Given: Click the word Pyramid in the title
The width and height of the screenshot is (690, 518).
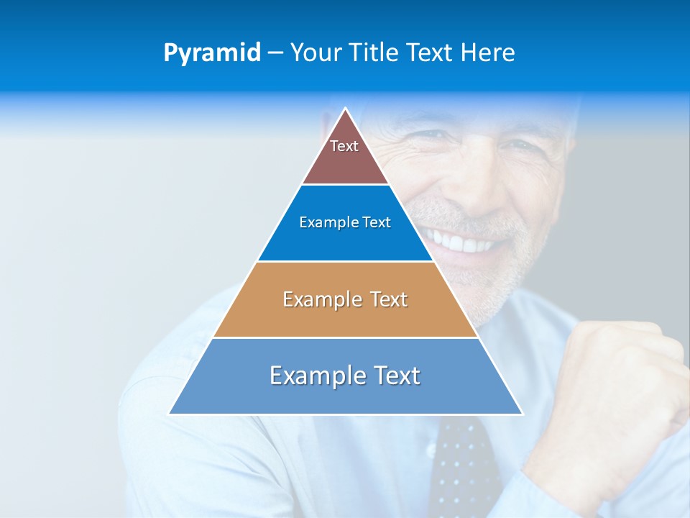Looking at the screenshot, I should click(x=212, y=53).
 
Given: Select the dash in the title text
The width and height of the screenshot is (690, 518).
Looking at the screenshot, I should click(x=275, y=53).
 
